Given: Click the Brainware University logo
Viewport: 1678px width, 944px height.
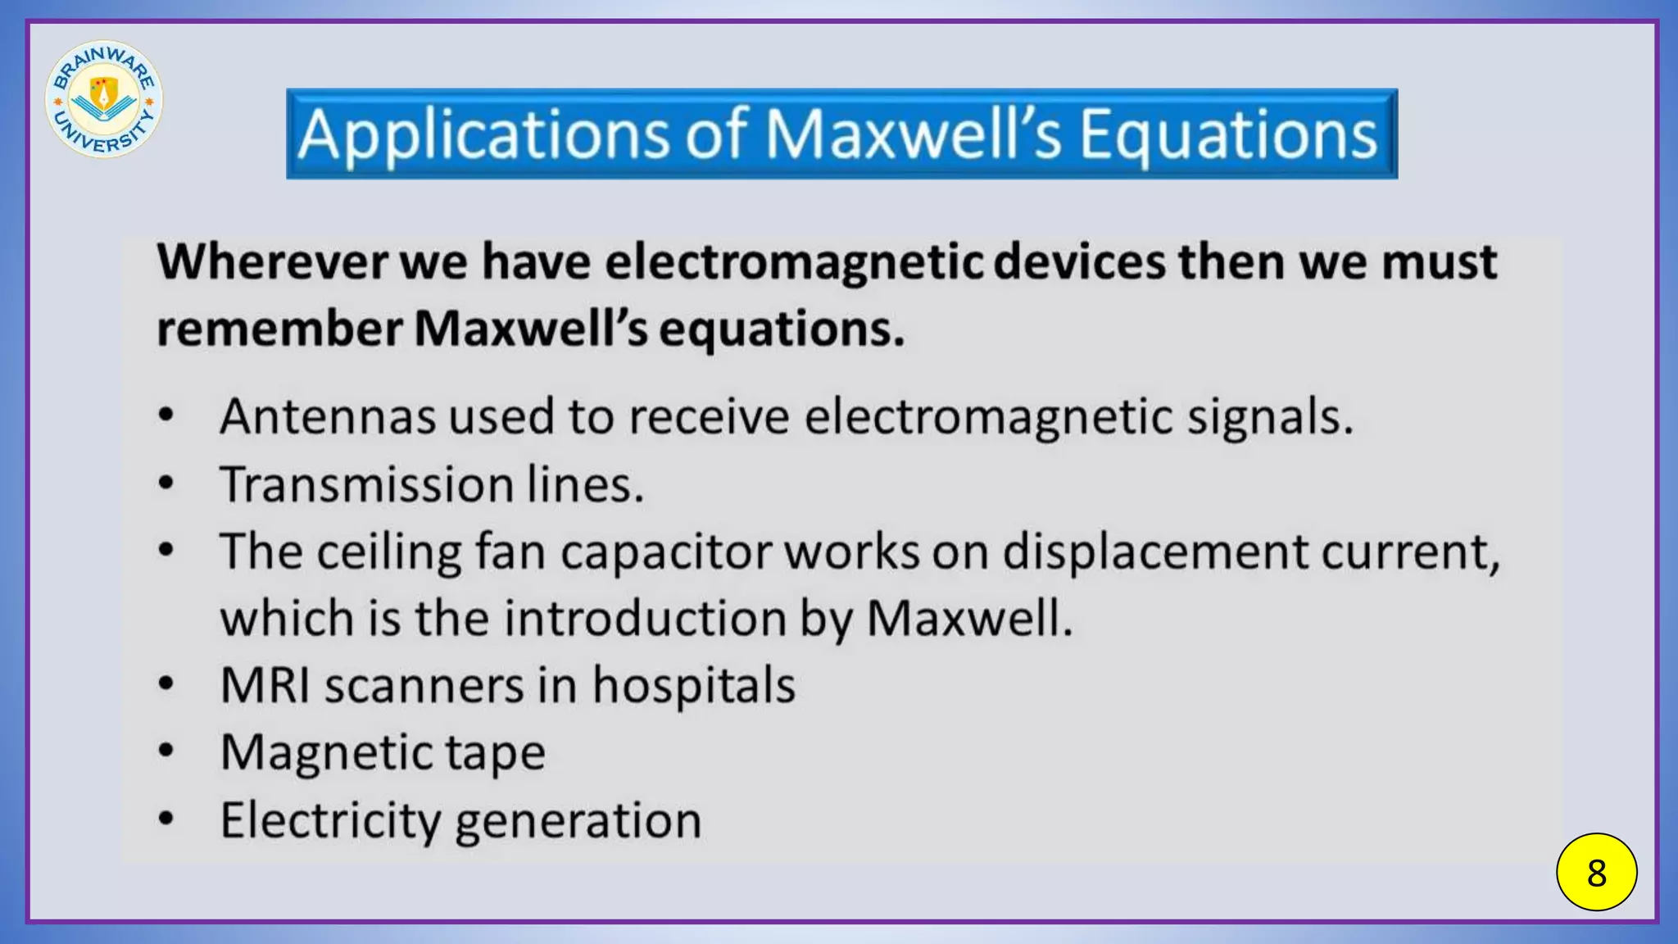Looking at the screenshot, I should [104, 99].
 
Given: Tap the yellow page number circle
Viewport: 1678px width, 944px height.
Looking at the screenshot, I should [1596, 872].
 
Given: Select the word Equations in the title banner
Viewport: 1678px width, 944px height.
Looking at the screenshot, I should [1228, 134].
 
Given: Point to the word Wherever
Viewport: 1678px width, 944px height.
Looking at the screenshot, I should [273, 262].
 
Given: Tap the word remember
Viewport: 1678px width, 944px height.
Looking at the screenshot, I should [279, 329].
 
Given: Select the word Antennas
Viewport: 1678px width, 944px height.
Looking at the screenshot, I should [328, 416].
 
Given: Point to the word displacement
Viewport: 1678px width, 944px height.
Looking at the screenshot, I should [1155, 551].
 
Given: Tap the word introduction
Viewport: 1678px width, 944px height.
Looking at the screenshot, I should [645, 619].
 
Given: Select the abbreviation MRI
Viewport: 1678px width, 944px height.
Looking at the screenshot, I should [265, 685].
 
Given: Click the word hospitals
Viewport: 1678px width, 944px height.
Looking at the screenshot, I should [693, 685].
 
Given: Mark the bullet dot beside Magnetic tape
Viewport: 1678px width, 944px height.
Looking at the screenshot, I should [166, 750].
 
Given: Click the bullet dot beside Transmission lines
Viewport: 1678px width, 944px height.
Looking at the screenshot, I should [166, 483].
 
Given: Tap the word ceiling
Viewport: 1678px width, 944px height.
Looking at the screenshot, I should [389, 551].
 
